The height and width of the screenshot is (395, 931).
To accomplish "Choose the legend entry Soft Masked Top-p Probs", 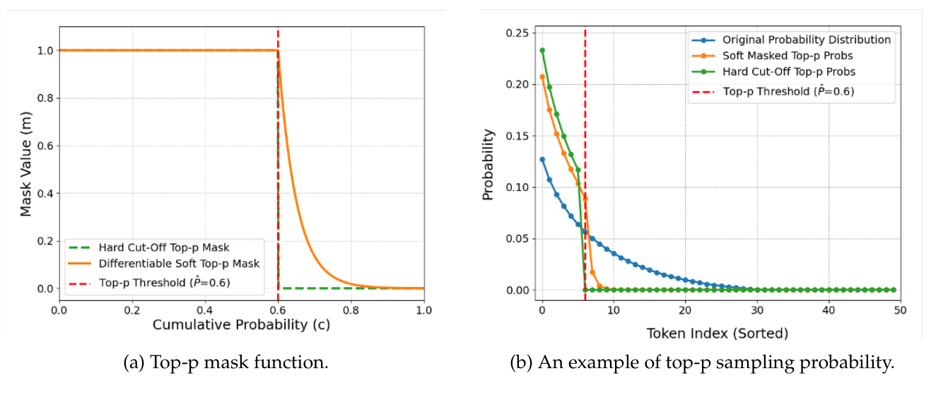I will pos(787,56).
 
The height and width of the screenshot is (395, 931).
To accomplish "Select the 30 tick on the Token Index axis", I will pos(756,309).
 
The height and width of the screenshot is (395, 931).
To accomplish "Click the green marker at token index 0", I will pos(542,50).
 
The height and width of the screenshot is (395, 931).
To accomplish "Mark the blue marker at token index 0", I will pos(542,160).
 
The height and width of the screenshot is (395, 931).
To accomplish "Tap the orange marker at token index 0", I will pos(542,77).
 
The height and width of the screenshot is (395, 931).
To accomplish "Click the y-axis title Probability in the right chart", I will pos(488,165).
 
